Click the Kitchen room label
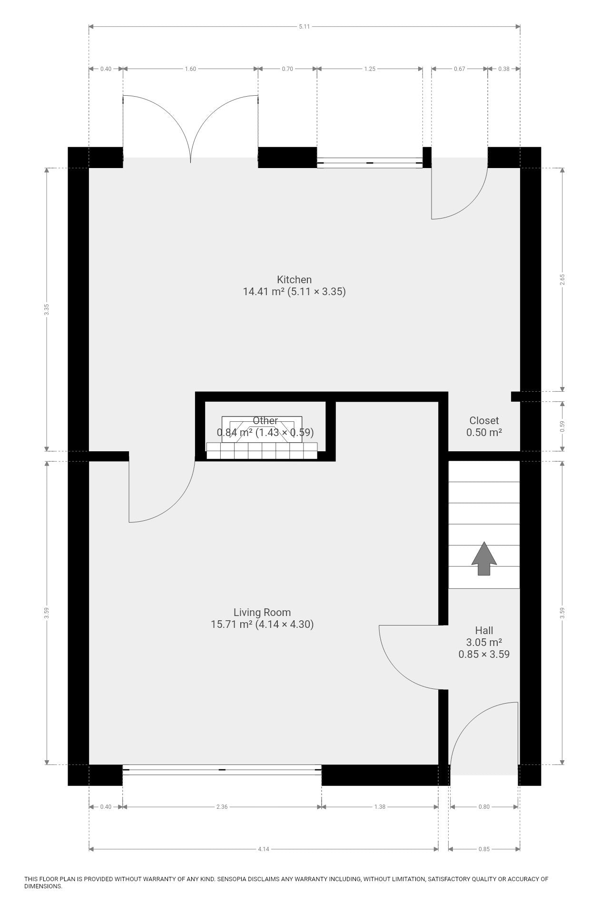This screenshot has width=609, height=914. [x=294, y=279]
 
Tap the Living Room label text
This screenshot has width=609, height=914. [x=262, y=613]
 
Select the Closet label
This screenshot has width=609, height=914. [x=484, y=420]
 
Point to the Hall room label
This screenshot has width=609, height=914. [x=484, y=631]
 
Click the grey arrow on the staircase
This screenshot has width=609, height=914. [x=484, y=558]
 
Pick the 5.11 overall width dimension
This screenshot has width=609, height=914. [x=304, y=27]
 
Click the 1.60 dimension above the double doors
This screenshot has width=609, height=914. [x=190, y=69]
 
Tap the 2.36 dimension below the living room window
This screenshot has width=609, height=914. [x=222, y=807]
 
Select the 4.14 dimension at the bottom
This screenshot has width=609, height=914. [x=263, y=849]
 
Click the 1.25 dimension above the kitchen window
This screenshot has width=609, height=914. [x=370, y=69]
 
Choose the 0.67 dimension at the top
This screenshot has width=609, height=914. [x=460, y=69]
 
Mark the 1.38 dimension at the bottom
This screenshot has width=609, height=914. [x=380, y=807]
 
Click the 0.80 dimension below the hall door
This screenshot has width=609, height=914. [x=484, y=807]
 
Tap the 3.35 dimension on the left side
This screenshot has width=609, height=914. [x=46, y=309]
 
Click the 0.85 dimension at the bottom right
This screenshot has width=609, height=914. [x=484, y=849]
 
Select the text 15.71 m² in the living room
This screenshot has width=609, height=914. [x=231, y=625]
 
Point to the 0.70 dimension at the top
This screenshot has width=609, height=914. [x=287, y=69]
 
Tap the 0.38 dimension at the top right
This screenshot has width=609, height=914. [x=503, y=69]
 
